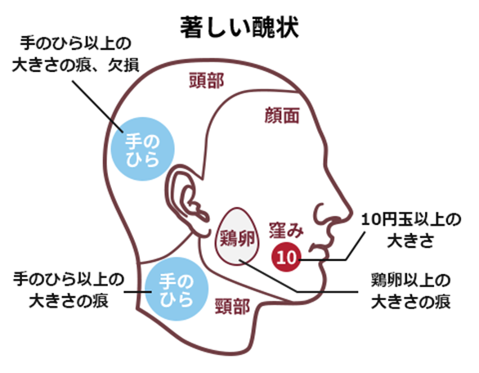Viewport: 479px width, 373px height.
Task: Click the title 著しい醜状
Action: click(239, 28)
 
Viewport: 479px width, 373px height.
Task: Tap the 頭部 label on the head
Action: click(207, 81)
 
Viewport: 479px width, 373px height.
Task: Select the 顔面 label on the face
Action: click(281, 115)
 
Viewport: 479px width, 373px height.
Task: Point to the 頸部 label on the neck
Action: click(233, 307)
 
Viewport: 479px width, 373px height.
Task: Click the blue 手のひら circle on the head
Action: click(142, 149)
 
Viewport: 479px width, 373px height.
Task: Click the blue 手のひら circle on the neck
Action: click(177, 289)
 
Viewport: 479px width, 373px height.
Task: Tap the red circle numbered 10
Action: click(286, 257)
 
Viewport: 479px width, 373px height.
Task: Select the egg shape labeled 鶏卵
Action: click(237, 236)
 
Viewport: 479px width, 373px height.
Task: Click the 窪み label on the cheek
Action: click(286, 230)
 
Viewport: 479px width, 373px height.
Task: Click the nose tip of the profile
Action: click(349, 213)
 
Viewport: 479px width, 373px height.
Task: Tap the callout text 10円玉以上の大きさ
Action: click(411, 230)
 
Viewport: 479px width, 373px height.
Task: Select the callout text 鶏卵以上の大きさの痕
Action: click(410, 291)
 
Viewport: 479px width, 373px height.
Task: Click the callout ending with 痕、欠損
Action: click(75, 55)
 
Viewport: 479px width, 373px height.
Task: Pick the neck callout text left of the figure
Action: click(69, 290)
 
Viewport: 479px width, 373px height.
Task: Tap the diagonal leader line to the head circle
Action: click(97, 106)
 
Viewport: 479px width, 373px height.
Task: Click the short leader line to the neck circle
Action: click(138, 292)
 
